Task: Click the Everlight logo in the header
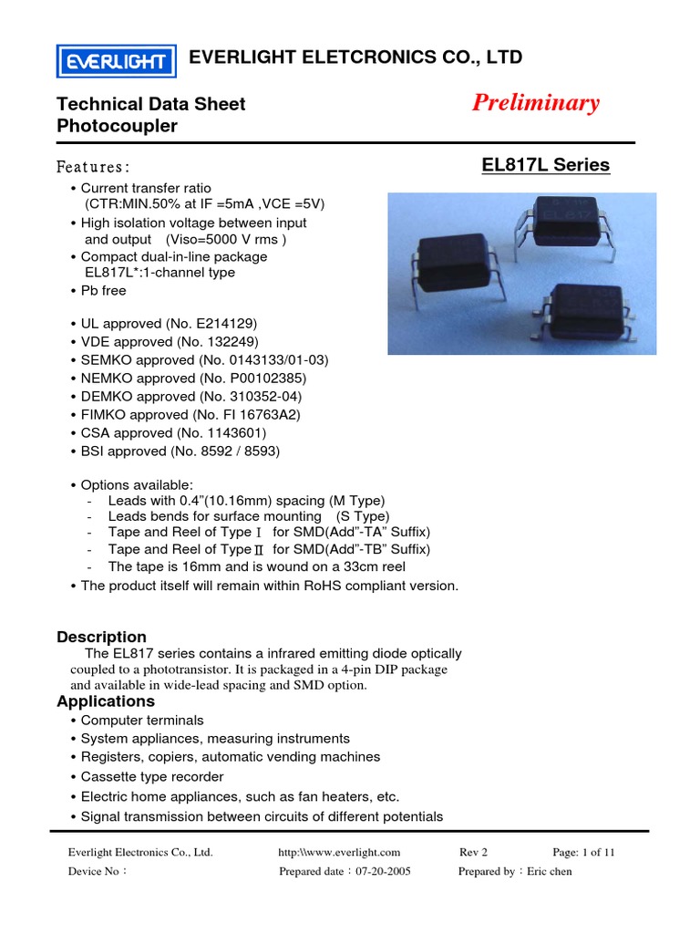coord(116,61)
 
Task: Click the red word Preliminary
coord(536,103)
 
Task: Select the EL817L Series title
coord(545,165)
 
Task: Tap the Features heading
coord(93,167)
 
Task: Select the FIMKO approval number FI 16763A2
coord(262,414)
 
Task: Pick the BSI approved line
coord(180,451)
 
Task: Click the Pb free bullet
coord(103,290)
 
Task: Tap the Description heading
coord(101,637)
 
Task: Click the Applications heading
coord(106,701)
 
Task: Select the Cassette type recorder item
coord(151,776)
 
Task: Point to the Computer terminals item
coord(142,720)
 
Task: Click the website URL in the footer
coord(339,852)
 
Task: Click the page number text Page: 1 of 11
coord(583,852)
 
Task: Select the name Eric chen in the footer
coord(550,871)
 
